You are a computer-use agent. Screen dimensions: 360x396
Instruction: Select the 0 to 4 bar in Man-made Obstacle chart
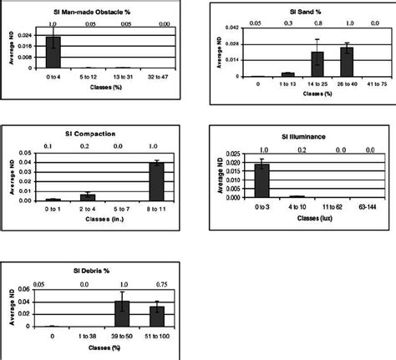click(x=53, y=53)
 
